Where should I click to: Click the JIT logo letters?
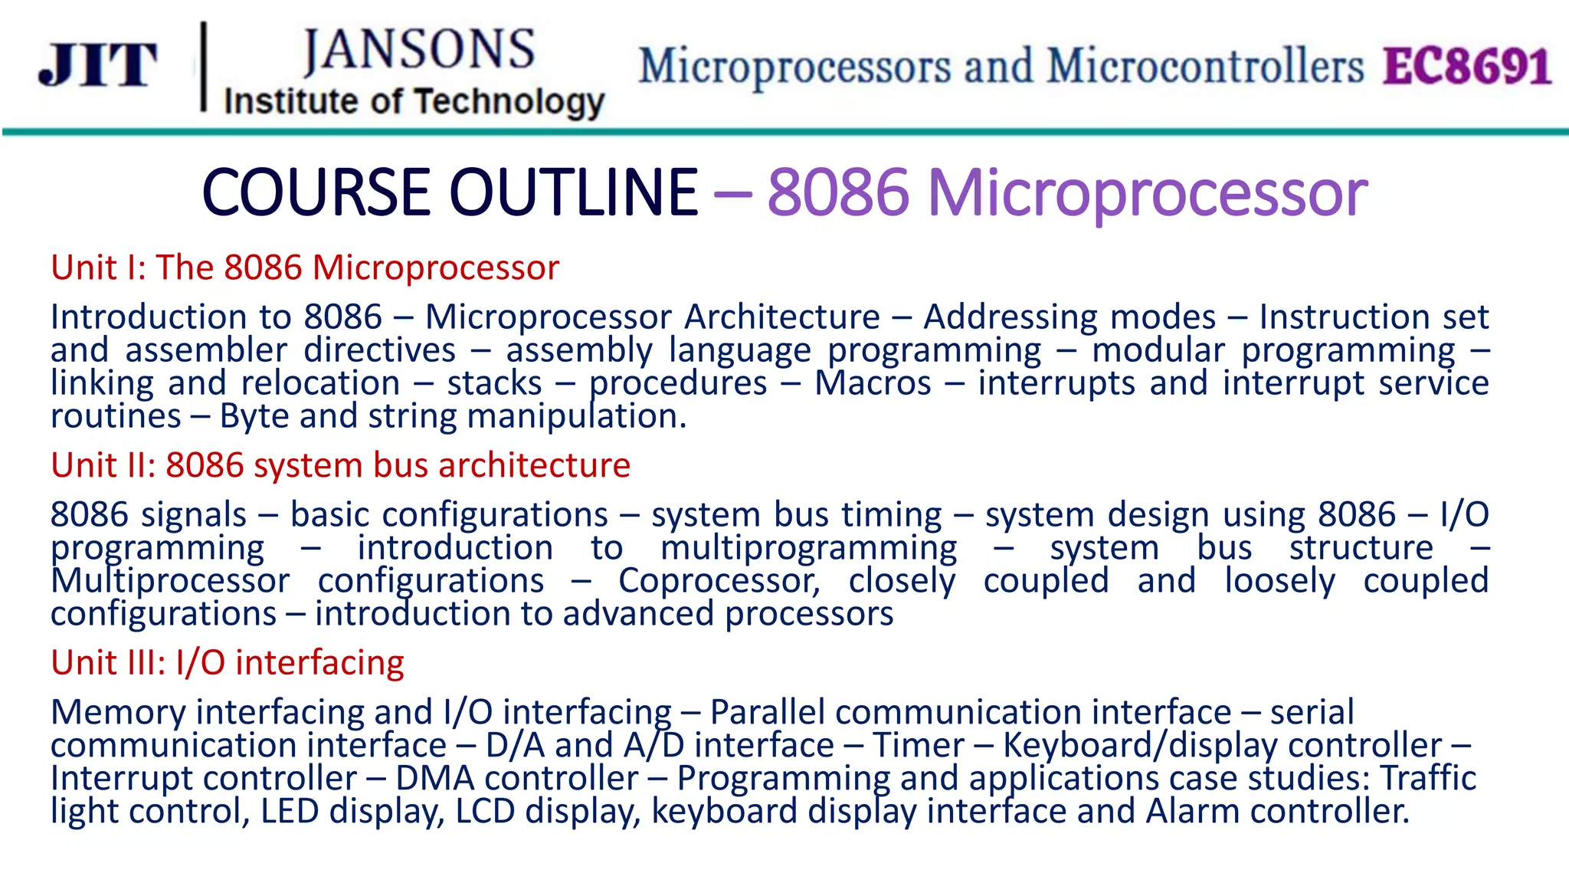click(98, 65)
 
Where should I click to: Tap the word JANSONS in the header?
click(418, 51)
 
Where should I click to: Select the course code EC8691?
click(1466, 67)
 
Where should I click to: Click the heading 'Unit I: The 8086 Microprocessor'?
click(305, 268)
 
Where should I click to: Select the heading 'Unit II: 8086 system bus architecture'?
click(340, 465)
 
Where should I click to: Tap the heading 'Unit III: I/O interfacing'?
click(227, 663)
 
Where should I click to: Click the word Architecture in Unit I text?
click(782, 317)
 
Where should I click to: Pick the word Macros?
click(873, 383)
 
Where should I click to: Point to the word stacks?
click(494, 383)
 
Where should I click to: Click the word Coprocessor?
click(719, 581)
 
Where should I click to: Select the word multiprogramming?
click(808, 548)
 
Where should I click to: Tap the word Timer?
click(919, 746)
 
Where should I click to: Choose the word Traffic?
click(1428, 779)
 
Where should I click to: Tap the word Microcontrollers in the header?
click(1205, 67)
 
